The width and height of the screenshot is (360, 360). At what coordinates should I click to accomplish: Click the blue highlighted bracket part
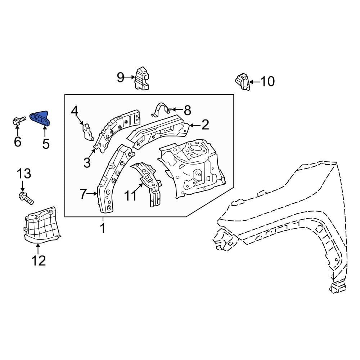click(41, 118)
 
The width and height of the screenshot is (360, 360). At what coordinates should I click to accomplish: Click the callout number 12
click(39, 260)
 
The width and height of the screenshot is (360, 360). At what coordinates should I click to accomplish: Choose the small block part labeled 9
click(143, 78)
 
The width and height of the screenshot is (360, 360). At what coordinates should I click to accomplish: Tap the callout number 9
click(121, 77)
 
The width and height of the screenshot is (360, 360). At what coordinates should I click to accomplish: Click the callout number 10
click(267, 81)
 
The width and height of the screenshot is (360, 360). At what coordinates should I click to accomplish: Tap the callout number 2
click(205, 125)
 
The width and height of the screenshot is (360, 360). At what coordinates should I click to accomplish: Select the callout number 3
click(87, 162)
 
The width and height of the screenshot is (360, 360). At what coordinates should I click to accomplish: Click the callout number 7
click(84, 194)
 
